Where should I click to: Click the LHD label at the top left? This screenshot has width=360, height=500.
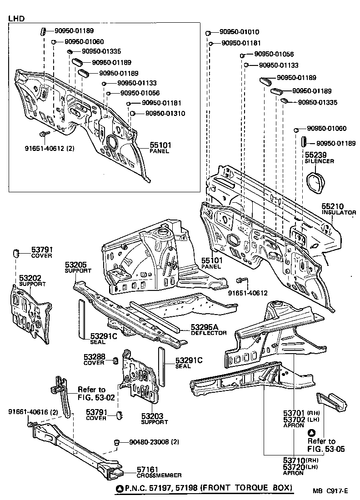point(16,19)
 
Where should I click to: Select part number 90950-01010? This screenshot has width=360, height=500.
point(239,32)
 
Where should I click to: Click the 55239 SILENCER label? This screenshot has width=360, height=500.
point(319,157)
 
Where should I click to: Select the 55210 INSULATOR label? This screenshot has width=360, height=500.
point(339,209)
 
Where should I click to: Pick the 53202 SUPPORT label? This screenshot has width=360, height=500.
point(32,280)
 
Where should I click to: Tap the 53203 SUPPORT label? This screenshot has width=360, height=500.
point(154,418)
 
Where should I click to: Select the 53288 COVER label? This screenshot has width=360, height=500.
point(95,360)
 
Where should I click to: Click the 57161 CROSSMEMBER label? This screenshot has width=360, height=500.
point(159,472)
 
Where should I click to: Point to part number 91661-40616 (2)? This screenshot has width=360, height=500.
point(33,412)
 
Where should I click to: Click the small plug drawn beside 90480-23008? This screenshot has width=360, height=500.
point(116,442)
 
